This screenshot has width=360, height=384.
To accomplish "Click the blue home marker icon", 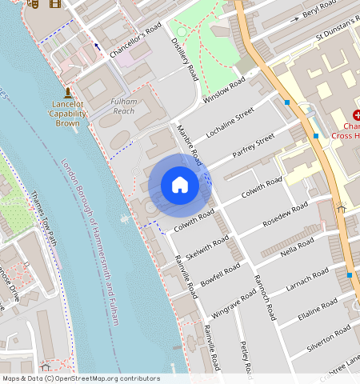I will pos(180,185).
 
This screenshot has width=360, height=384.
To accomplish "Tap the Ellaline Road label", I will pos(318,307).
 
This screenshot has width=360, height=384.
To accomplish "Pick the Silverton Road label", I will pos(328,334).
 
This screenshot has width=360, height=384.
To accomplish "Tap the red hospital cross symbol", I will pos(356,115).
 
